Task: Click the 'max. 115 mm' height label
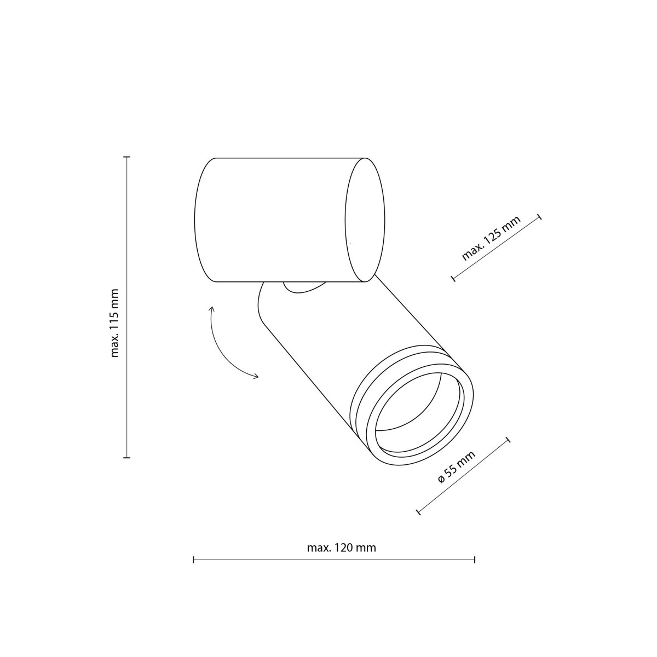[x=115, y=323]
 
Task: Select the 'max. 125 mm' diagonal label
[x=491, y=238]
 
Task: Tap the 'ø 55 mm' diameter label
[x=457, y=466]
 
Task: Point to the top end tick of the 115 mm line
[x=127, y=157]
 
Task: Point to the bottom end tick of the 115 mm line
[x=127, y=457]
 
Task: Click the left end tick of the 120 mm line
[x=194, y=560]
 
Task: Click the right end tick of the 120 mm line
[x=474, y=560]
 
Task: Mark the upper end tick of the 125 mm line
[x=540, y=217]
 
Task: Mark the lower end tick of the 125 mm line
[x=453, y=279]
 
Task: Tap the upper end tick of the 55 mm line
[x=508, y=440]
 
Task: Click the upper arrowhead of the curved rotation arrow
[x=212, y=309]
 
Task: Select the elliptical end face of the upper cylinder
[x=365, y=220]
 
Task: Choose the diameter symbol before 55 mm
[x=441, y=480]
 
